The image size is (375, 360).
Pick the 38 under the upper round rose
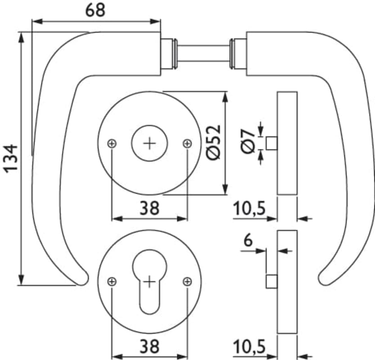point(149,208)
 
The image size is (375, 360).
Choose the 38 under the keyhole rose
point(149,346)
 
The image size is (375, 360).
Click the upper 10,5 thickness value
point(250,209)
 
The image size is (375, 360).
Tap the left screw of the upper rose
point(112,144)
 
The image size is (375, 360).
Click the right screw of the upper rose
point(187,144)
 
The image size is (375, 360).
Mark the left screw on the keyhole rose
point(112,282)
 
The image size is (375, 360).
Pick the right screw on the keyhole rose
point(187,282)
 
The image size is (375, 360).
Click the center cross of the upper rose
point(150,144)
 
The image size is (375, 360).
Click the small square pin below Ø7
point(272,144)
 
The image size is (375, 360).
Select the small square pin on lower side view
point(272,282)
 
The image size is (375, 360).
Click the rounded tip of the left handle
point(82,279)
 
